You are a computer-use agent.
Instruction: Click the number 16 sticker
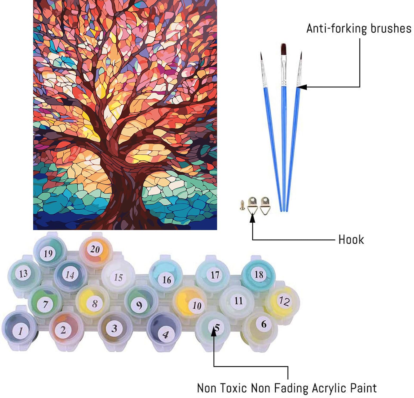click(166, 280)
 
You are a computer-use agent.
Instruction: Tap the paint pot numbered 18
click(258, 274)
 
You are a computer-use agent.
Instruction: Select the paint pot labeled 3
click(114, 328)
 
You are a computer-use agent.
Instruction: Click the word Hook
click(351, 240)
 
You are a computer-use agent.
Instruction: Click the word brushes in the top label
click(391, 28)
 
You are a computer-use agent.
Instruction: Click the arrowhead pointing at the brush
click(302, 87)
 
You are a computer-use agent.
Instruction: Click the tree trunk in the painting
click(125, 186)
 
